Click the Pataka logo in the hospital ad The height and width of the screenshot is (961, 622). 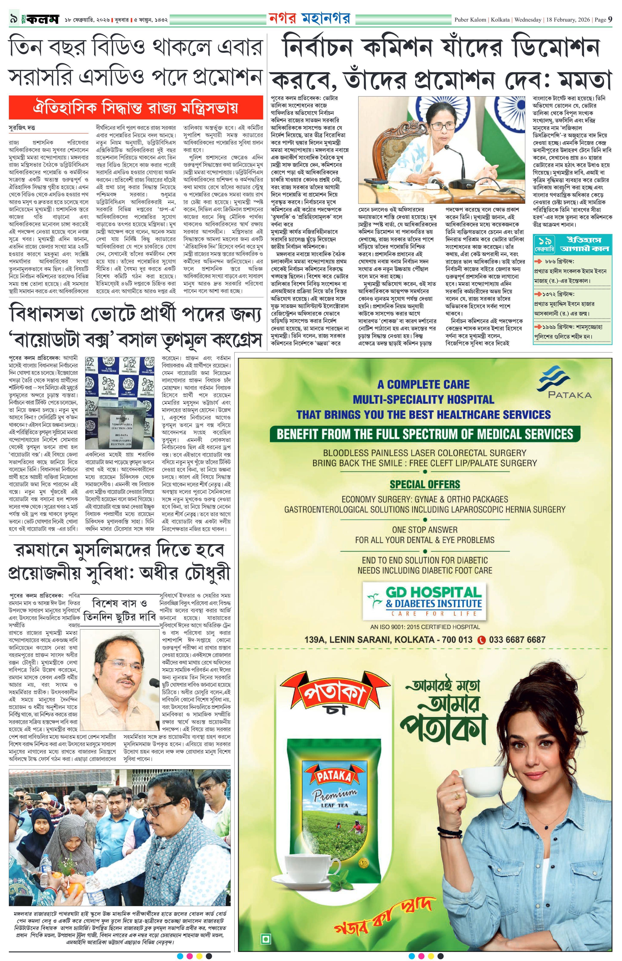564,385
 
